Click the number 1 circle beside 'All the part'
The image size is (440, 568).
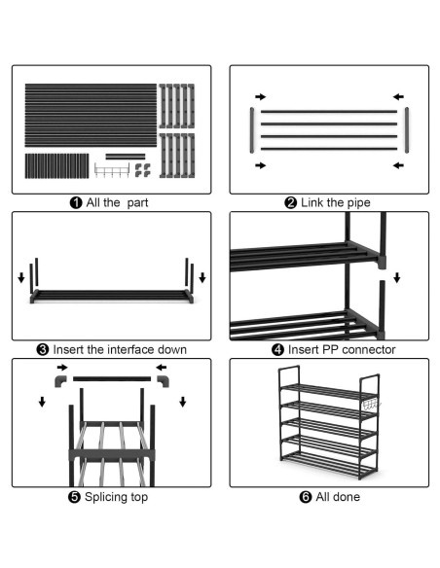76,202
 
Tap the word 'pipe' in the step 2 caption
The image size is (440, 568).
359,203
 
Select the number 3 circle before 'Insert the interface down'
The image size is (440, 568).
43,349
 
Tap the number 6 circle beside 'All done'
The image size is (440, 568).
306,497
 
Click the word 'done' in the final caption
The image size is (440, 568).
348,497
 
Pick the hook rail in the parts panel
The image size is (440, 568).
112,170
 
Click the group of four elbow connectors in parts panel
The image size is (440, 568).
143,170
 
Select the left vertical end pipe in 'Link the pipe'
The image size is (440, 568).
252,130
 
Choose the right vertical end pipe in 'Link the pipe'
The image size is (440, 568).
407,130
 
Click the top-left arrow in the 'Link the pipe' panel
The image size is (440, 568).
261,96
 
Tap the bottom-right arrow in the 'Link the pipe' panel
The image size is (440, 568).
398,165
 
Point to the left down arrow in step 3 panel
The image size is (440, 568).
21,278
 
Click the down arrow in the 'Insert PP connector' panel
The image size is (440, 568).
397,278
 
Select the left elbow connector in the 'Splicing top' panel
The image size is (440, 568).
60,381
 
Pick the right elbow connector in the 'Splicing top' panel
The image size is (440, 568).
164,381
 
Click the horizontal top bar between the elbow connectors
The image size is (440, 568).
112,379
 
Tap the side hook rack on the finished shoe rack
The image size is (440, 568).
372,405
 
